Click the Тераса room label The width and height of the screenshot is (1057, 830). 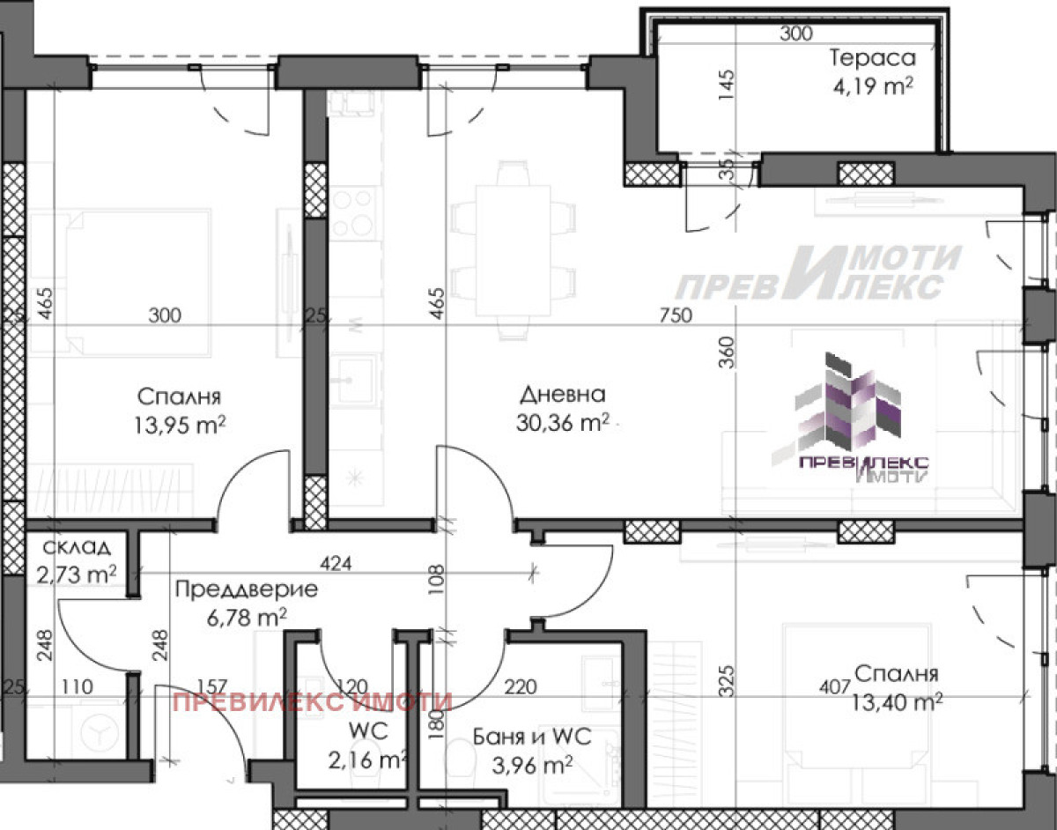coord(872,58)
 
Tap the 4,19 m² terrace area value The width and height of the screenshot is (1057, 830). coord(872,87)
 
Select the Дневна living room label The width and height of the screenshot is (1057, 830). coord(563,394)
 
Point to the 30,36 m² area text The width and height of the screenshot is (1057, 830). coord(563,422)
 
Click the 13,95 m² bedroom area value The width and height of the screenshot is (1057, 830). coord(180,424)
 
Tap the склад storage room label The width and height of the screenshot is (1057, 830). coord(77,547)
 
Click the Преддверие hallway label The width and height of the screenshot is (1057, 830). coord(246,589)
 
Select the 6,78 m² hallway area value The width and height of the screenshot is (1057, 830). coord(247,618)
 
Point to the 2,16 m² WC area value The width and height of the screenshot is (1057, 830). coord(367,761)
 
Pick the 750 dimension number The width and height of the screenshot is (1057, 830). coord(676,315)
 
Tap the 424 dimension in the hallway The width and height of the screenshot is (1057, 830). coord(336,563)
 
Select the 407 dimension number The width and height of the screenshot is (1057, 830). coord(835,687)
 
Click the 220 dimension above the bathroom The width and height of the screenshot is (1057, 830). coord(521,686)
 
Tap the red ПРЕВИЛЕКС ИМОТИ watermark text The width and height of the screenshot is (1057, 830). coord(313,702)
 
